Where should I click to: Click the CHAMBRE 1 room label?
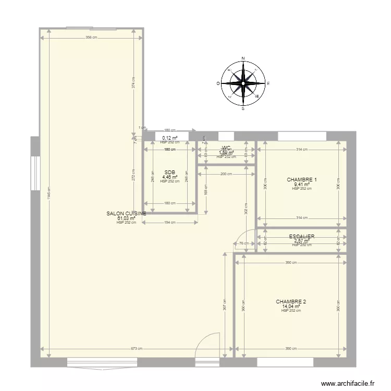302,180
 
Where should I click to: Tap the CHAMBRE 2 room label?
291,302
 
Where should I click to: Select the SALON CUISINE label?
126,214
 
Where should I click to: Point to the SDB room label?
169,173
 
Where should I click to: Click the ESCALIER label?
302,237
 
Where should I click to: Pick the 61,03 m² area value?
126,218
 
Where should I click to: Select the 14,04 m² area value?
291,307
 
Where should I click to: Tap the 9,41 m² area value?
302,185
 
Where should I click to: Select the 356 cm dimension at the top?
91,38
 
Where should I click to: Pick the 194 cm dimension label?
169,223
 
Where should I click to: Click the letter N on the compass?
243,59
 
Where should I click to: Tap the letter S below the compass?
243,108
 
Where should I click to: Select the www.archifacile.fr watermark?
347,383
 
